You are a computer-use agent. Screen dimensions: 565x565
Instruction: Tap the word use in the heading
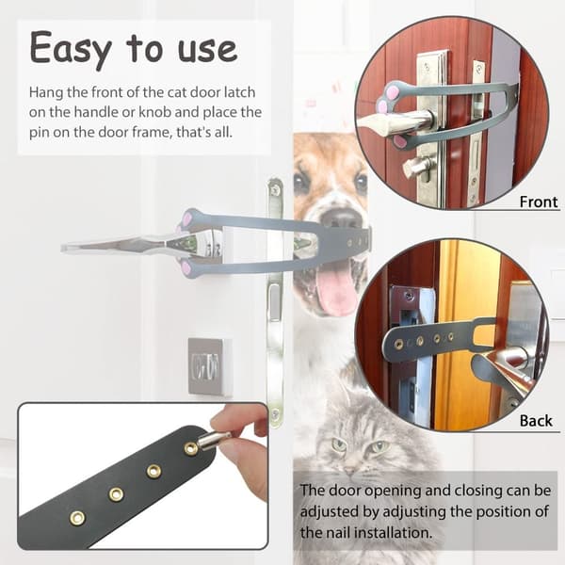[x=208, y=49]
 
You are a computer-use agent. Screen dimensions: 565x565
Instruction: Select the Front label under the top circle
[x=539, y=202]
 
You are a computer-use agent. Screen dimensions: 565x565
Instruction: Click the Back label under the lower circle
[x=536, y=421]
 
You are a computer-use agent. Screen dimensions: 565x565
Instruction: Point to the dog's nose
[x=341, y=218]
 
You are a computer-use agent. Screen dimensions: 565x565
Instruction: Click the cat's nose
[x=348, y=470]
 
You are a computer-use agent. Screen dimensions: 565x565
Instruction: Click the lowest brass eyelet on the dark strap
[x=77, y=518]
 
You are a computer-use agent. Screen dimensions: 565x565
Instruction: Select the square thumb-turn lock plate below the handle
[x=209, y=366]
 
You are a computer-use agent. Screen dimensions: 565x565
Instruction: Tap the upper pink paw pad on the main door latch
[x=187, y=218]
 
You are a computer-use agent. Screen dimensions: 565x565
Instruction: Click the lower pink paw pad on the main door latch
[x=186, y=267]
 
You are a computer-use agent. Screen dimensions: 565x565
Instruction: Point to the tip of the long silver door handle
[x=63, y=248]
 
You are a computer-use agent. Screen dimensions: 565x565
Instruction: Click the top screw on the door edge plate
[x=275, y=189]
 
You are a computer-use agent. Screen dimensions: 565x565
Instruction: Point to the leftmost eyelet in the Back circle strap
[x=398, y=344]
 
